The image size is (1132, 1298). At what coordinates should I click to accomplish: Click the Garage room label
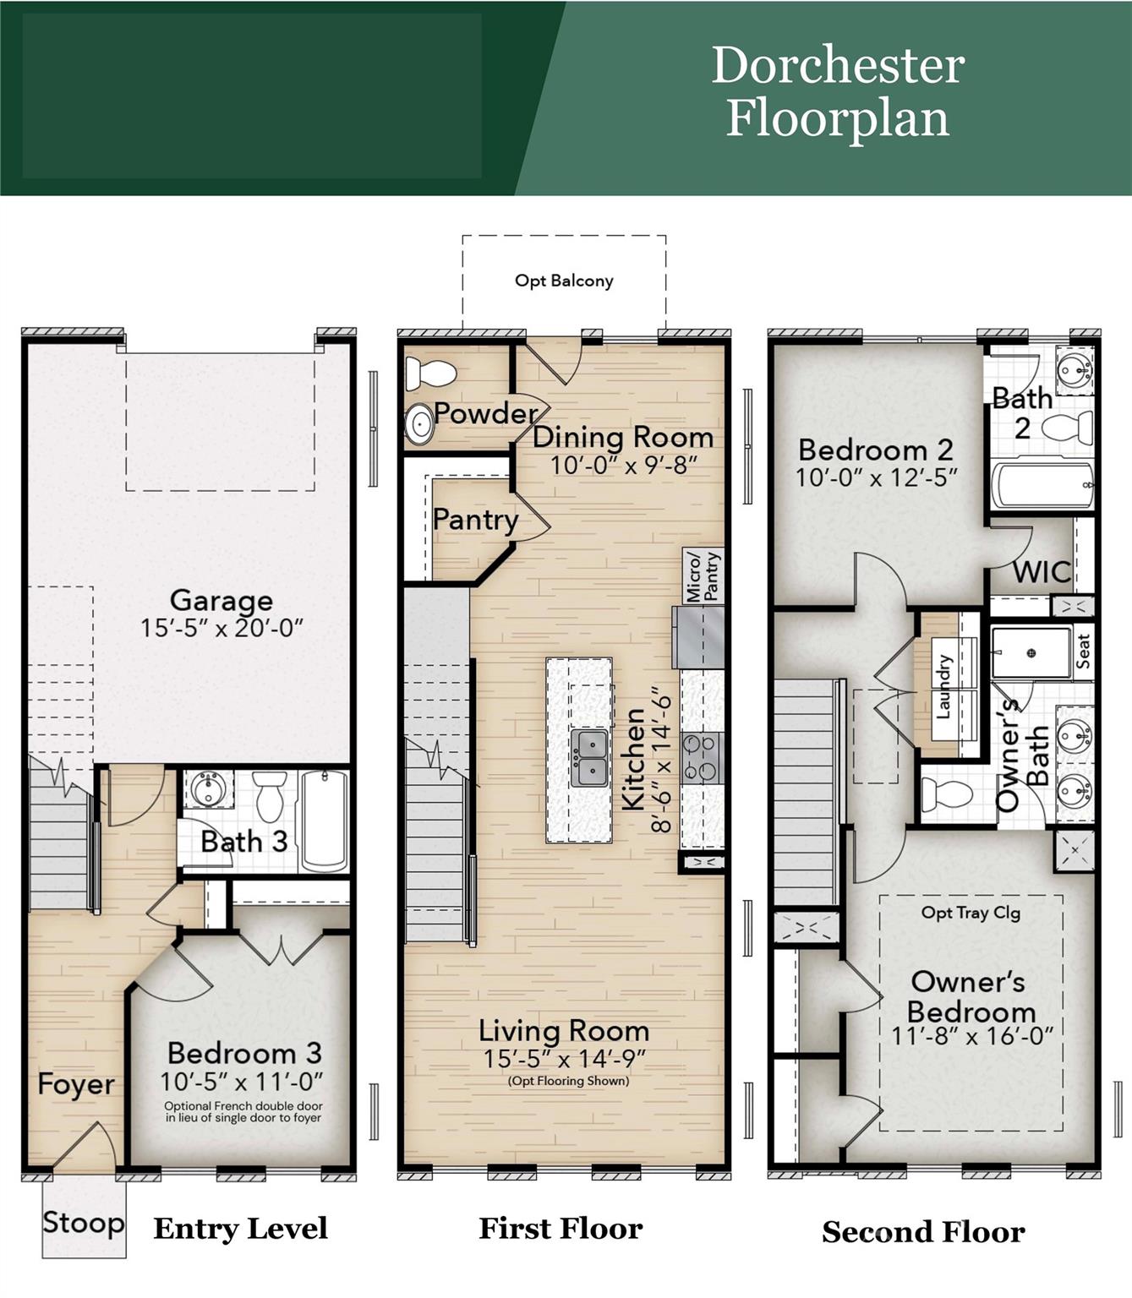coord(221,600)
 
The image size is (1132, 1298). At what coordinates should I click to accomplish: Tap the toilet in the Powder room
coord(431,373)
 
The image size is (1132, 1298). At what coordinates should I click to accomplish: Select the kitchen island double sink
coord(589,758)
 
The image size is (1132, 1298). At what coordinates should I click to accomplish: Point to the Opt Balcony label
coord(564,281)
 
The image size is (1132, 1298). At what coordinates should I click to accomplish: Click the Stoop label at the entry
coord(83,1222)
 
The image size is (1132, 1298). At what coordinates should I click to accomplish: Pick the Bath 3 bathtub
coord(325,820)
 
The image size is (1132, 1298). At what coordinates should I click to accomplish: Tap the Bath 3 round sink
coord(207,789)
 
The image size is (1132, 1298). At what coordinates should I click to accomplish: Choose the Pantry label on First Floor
coord(475,519)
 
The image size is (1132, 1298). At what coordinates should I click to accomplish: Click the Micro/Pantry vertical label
coord(703,576)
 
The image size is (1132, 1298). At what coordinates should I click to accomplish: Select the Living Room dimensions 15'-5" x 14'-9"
coord(564,1059)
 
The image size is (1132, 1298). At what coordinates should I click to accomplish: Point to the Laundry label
coord(943,687)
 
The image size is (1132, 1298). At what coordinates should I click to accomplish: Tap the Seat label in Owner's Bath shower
coord(1083,652)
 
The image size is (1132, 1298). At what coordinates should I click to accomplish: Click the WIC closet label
coord(1042,572)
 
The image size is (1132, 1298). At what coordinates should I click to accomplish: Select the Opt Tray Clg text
coord(971,913)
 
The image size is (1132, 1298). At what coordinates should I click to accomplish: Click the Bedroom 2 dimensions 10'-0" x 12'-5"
coord(876,477)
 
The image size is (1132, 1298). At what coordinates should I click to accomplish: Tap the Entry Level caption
coord(240,1228)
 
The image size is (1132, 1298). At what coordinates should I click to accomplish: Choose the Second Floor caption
coord(923,1232)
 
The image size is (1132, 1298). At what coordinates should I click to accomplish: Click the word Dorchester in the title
coord(838,65)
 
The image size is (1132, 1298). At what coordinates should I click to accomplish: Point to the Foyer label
coord(76,1084)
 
